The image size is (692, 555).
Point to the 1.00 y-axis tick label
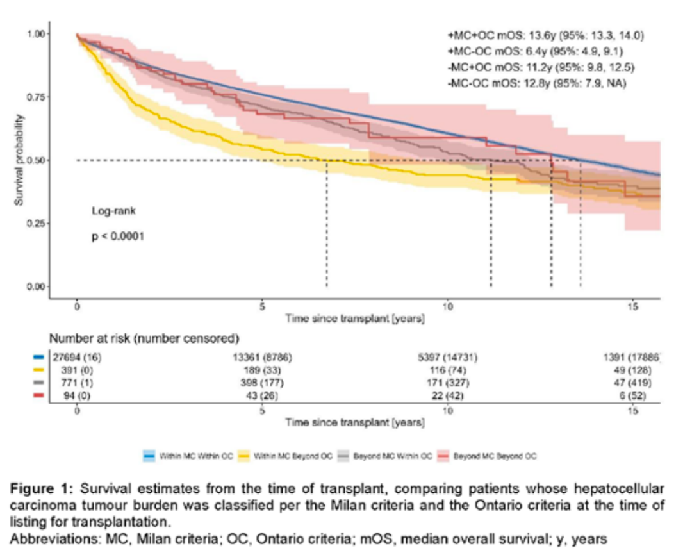(36, 34)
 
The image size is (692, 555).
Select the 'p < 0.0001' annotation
(118, 236)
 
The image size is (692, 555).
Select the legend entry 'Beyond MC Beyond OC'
(495, 456)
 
